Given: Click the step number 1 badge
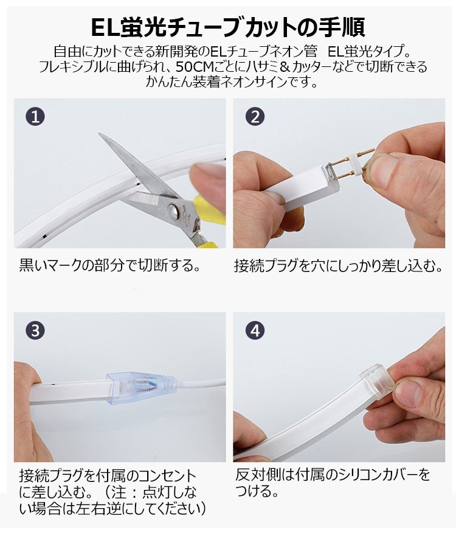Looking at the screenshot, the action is [x=35, y=116].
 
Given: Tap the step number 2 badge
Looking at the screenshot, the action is [x=255, y=116].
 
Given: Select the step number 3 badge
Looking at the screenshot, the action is [x=35, y=330].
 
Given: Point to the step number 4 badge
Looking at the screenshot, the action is [x=255, y=330].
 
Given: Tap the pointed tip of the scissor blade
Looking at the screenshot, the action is [x=99, y=133].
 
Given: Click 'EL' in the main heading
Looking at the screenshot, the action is [x=105, y=27].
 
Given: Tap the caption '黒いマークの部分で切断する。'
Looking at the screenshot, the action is [x=109, y=266].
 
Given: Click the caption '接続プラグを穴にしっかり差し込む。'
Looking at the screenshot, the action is [x=338, y=266].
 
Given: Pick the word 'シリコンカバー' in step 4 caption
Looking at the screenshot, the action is [x=374, y=475].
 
